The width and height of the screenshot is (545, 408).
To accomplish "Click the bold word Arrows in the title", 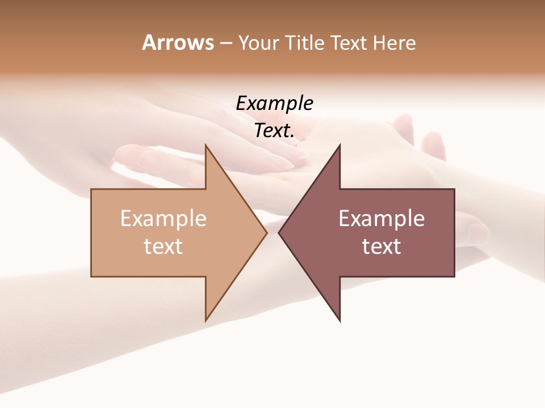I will (178, 42).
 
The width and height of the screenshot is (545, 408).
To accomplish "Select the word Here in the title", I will (395, 42).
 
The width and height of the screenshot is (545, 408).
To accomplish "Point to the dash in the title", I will (225, 44).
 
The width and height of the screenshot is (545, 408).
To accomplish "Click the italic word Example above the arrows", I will (274, 104).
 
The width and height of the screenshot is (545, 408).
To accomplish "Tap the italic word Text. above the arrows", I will (274, 131).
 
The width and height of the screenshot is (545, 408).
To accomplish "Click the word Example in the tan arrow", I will (163, 219).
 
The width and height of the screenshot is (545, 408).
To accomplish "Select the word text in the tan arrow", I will (163, 246).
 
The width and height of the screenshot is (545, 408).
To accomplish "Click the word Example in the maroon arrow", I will (381, 219).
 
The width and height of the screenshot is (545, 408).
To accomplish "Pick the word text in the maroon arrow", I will (381, 246).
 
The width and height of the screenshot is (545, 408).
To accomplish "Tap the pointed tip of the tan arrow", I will (267, 233).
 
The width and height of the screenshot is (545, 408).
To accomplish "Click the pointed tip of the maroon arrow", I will (279, 233).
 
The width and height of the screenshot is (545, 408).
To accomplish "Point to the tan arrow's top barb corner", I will (206, 144).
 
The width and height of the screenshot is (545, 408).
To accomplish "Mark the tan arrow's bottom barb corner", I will (206, 321).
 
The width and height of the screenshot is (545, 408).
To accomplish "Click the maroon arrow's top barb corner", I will (339, 144).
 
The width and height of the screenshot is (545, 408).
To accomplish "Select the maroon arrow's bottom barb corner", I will (339, 321).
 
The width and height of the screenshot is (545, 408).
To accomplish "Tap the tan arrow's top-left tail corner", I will (91, 189).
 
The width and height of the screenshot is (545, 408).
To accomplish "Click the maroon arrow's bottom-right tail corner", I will (454, 277).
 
